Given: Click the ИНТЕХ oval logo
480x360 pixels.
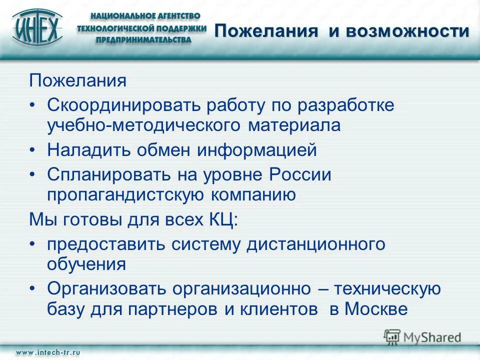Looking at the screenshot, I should pos(38,28).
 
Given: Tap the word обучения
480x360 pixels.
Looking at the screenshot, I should pos(86,264).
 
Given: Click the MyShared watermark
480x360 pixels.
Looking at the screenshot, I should pos(423,337).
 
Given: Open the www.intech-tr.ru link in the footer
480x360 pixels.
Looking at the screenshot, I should pos(48,352).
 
